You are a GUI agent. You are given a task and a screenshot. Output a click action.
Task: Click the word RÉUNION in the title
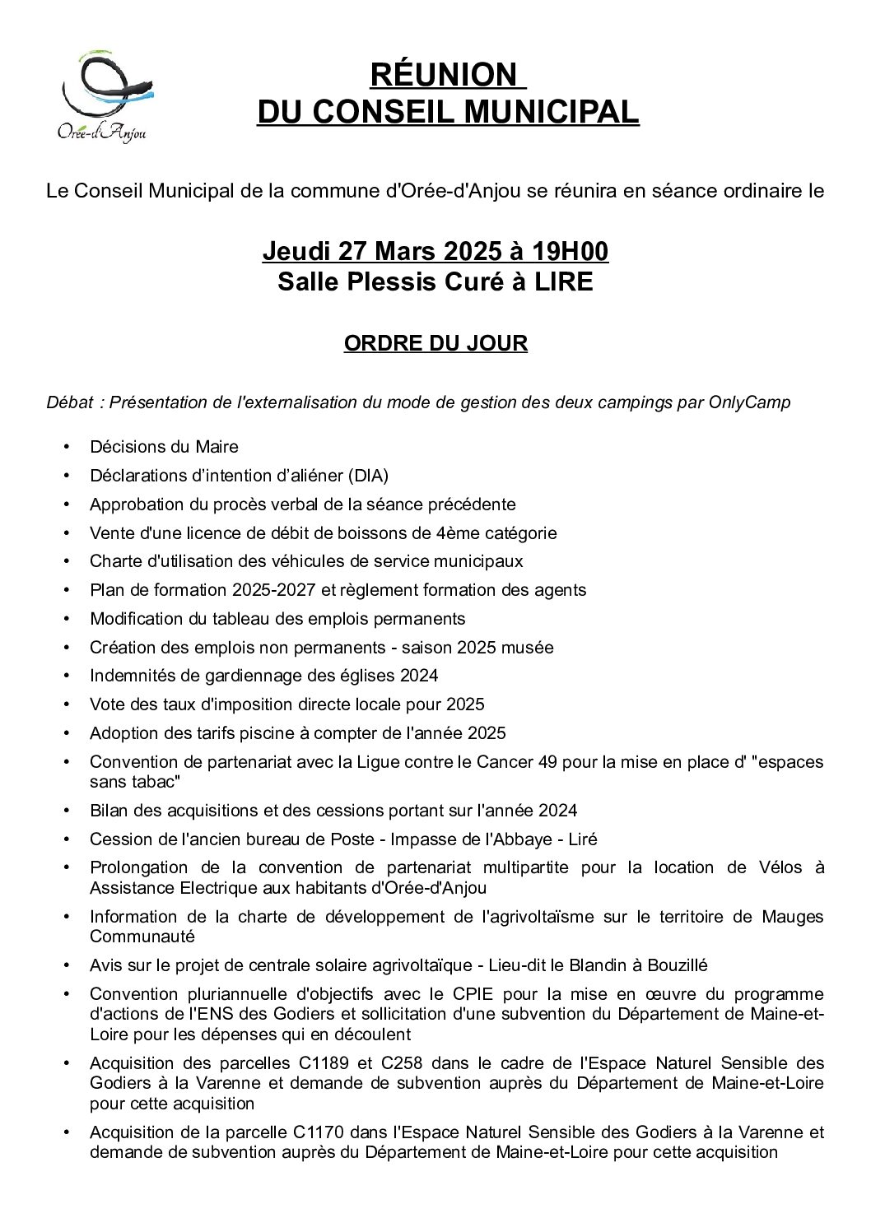point(443,75)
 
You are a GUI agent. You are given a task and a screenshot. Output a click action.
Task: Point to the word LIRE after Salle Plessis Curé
point(563,282)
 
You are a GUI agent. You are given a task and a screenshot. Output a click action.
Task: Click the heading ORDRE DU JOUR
point(435,343)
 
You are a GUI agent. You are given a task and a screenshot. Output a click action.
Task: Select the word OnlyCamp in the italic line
point(749,402)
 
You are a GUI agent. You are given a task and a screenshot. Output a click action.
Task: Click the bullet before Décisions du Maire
point(67,447)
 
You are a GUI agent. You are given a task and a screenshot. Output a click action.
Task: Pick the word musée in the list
point(528,648)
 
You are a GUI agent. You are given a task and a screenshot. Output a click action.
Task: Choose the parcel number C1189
point(314,1063)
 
